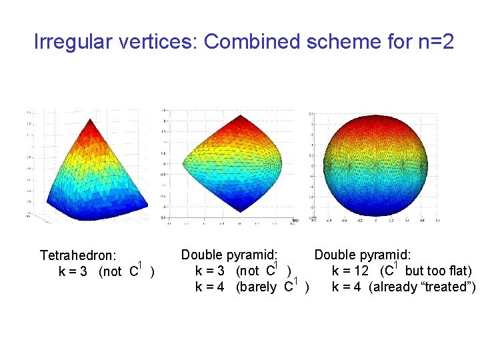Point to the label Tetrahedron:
(78, 256)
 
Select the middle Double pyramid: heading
(229, 255)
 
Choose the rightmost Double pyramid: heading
(363, 255)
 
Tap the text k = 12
(351, 271)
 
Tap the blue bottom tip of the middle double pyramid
(227, 215)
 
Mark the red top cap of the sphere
(378, 123)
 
